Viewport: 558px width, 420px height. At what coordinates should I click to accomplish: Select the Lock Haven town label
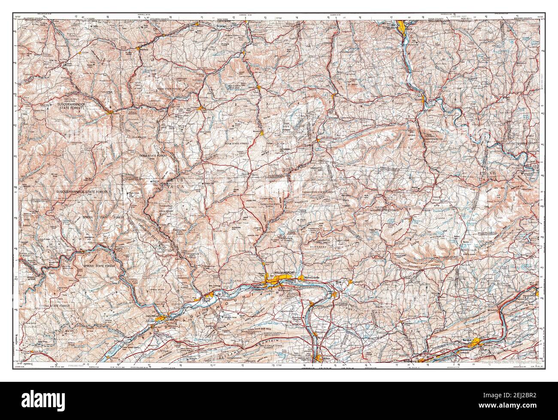[150, 315]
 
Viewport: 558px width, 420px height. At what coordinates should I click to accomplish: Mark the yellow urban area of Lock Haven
[161, 319]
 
